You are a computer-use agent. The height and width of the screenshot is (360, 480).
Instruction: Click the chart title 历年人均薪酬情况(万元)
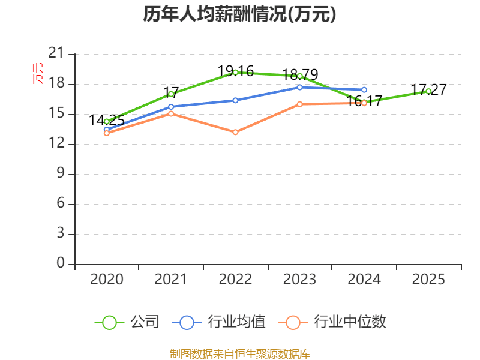[239, 14]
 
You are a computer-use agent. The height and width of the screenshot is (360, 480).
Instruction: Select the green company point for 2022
[235, 73]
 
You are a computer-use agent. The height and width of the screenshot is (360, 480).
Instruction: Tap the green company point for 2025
[428, 91]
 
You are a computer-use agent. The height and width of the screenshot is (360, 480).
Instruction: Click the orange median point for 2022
[235, 132]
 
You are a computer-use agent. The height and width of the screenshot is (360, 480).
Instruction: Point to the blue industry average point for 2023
[299, 88]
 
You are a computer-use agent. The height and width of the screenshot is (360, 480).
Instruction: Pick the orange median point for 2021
[171, 113]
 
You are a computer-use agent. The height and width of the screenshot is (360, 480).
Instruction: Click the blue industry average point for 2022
[235, 100]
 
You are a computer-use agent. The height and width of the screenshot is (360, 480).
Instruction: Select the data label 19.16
[236, 71]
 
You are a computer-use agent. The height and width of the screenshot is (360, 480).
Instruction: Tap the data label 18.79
[300, 74]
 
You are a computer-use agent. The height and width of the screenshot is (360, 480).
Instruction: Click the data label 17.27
[429, 90]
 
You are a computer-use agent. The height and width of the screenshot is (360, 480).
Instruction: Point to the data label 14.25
[107, 120]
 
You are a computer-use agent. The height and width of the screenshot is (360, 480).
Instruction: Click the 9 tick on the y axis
[60, 174]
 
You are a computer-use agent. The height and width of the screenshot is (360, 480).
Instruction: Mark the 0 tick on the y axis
[60, 264]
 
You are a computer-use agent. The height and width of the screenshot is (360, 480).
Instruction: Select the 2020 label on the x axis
[107, 279]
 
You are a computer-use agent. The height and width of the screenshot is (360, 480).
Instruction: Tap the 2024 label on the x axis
[364, 279]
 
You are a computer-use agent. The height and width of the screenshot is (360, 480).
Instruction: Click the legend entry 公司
[127, 322]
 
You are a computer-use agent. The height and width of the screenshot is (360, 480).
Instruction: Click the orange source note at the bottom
[239, 353]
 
